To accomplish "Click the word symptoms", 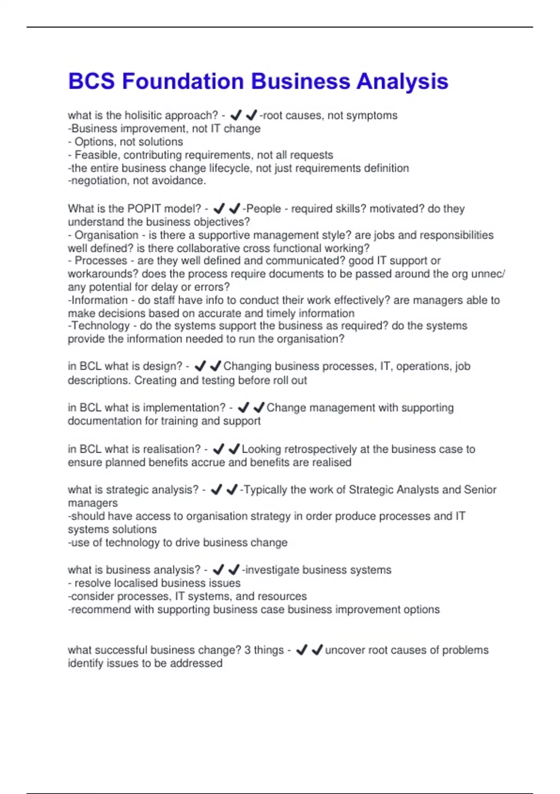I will (x=376, y=115).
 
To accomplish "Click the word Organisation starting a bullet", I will (x=106, y=235).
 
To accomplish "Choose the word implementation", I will (x=184, y=408).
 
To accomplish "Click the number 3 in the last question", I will (x=247, y=650).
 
